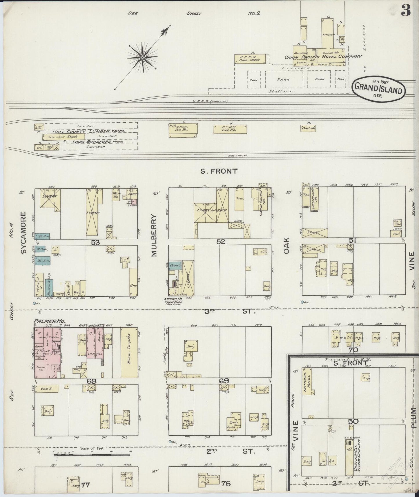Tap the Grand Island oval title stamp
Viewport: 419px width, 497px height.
379,88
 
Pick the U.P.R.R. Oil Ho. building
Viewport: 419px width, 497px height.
230,129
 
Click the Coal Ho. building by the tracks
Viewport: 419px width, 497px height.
308,128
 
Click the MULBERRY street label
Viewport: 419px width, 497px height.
154,235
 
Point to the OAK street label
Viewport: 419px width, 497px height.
287,246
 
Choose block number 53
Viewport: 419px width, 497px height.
95,242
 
